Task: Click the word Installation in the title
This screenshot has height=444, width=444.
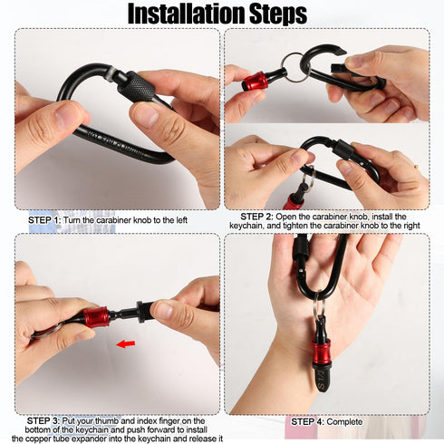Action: click(x=187, y=14)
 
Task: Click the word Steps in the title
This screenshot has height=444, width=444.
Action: click(x=278, y=14)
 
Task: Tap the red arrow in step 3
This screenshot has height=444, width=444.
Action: click(x=126, y=343)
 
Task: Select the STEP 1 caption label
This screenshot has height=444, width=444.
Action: click(x=44, y=220)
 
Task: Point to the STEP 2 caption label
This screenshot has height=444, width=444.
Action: click(x=256, y=217)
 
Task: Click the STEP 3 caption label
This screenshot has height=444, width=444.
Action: click(x=43, y=420)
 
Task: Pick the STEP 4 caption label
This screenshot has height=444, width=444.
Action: click(x=307, y=421)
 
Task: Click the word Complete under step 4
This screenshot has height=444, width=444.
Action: click(x=344, y=421)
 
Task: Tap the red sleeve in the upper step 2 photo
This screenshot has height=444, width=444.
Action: click(x=256, y=81)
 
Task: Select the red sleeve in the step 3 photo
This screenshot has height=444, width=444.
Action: click(x=96, y=317)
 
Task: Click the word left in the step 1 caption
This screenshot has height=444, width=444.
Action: click(x=179, y=220)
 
